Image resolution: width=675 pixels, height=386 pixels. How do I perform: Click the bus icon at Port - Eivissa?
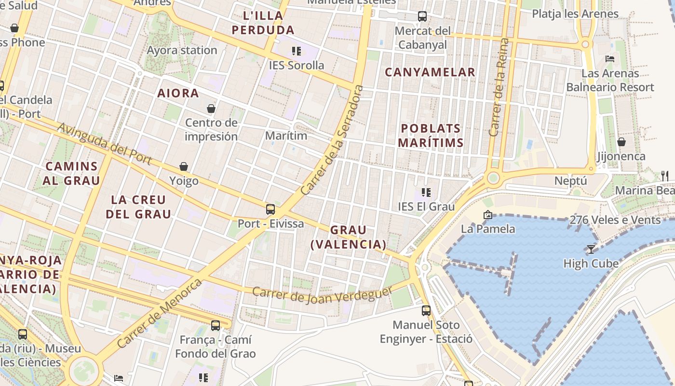point(270,209)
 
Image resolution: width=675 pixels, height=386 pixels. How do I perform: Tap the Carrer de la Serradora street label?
point(332,140)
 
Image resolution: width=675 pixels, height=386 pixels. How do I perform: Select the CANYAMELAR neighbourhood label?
point(430,72)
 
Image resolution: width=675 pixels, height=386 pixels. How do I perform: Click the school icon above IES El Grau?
point(426,193)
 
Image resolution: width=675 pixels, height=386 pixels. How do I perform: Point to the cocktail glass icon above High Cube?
point(591,249)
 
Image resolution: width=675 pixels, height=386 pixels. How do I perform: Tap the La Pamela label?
point(488,229)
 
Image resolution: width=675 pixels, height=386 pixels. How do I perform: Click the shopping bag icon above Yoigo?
point(184,167)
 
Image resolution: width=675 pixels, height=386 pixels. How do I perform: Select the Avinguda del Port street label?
point(105,143)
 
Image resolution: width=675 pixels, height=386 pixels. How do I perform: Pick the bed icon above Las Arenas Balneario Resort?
point(610,59)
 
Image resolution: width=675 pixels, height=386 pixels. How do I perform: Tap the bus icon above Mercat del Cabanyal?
point(422,16)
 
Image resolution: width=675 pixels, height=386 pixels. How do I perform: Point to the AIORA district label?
point(178,93)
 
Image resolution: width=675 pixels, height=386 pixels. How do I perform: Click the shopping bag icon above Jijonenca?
point(621,142)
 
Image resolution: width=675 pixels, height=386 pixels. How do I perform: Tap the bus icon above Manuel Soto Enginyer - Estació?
point(426,310)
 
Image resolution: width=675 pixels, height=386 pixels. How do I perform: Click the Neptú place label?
point(570,181)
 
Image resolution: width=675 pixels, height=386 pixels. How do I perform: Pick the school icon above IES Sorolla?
point(297,51)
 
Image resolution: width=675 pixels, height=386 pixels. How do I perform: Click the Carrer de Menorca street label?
point(160,313)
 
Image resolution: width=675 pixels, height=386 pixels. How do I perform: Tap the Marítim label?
point(286,136)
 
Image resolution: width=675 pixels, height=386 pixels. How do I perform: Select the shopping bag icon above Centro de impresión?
point(211,109)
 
